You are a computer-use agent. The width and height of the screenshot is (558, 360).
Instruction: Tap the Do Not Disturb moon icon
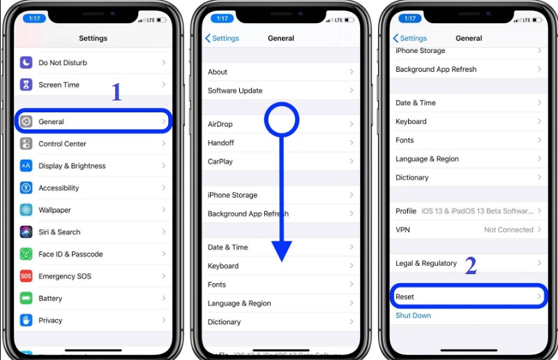pos(27,63)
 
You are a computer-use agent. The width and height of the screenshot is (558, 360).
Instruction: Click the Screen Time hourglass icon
pos(27,85)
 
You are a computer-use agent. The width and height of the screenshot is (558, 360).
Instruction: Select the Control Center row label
pos(62,144)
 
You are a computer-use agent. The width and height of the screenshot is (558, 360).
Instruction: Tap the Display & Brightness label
pos(72,166)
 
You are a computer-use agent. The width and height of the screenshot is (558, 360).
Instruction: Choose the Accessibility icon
pos(27,188)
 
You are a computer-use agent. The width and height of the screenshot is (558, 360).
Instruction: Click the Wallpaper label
pos(54,210)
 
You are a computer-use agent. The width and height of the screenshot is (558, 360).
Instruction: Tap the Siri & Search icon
pos(27,232)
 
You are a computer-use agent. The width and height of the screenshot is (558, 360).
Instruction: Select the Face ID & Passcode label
pos(70,254)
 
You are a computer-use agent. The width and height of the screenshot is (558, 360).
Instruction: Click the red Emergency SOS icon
pos(27,276)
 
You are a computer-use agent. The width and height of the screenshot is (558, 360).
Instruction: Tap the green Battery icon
pos(27,298)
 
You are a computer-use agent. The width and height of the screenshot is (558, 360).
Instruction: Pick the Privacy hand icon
pos(27,320)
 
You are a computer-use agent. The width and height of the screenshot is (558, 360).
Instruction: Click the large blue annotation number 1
pos(116,92)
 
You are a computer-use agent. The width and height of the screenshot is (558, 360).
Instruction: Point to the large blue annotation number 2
pos(471,266)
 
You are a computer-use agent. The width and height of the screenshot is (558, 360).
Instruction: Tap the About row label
pos(218,72)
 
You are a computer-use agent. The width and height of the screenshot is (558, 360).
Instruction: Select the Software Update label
pos(235,91)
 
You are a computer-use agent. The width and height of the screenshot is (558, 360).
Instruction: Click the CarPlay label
pos(220,161)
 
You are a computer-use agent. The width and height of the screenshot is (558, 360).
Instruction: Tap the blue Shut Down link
pos(413,315)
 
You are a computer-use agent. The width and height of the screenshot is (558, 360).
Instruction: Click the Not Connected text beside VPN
pos(508,230)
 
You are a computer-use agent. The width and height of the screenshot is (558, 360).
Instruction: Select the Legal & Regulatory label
pos(426,263)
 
